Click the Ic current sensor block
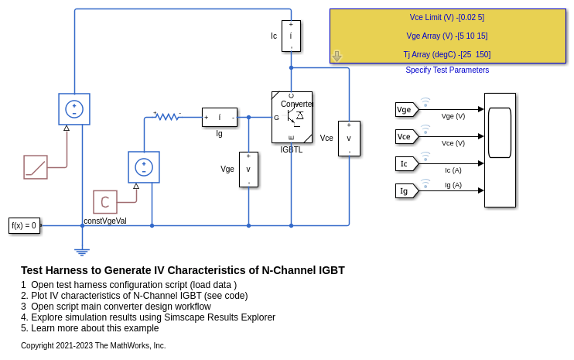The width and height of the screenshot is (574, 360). tap(291, 36)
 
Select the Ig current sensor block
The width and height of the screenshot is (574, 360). tap(219, 117)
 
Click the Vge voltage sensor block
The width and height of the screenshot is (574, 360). tap(248, 169)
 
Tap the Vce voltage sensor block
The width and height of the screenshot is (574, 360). tap(349, 138)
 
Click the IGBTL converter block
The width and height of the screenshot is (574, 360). tap(292, 117)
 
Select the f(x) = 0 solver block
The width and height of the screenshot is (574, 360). tap(24, 225)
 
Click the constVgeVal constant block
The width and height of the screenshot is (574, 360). tap(105, 202)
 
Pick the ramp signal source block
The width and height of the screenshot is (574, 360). tap(36, 167)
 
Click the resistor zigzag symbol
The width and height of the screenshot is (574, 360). tap(167, 117)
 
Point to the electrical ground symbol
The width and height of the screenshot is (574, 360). tap(82, 251)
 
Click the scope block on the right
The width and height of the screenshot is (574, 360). tap(500, 150)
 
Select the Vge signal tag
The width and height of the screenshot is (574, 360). tap(405, 110)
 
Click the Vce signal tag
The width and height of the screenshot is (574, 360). tap(405, 136)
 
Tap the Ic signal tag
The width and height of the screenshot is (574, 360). tap(405, 163)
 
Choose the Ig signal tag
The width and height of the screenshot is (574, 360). tap(405, 190)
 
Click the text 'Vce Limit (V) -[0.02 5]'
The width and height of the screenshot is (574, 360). tap(447, 17)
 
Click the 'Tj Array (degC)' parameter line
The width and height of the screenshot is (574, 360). tap(447, 54)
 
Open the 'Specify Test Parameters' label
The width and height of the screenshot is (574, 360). tap(447, 70)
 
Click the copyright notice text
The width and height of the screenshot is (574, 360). tap(93, 345)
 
